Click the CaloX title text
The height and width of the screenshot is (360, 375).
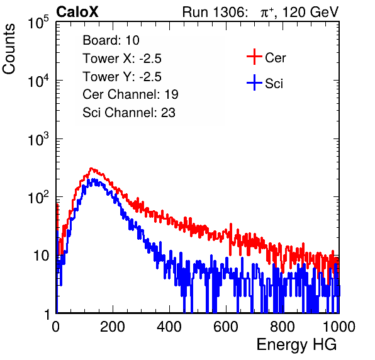pyautogui.click(x=77, y=12)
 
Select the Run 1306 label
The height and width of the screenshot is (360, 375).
pyautogui.click(x=215, y=12)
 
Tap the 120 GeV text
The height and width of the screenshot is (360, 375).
pyautogui.click(x=311, y=12)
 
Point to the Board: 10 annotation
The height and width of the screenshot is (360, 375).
pyautogui.click(x=111, y=40)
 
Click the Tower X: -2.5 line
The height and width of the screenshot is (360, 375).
pyautogui.click(x=122, y=59)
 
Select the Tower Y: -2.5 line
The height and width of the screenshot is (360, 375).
pyautogui.click(x=122, y=77)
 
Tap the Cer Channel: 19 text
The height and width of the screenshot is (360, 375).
pyautogui.click(x=130, y=94)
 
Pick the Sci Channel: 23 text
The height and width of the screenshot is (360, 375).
pyautogui.click(x=129, y=113)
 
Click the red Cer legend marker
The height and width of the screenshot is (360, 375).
pyautogui.click(x=254, y=57)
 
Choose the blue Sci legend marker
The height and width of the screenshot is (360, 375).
pyautogui.click(x=254, y=83)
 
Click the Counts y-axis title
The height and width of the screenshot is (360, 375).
pyautogui.click(x=9, y=49)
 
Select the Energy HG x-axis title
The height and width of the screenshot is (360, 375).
pyautogui.click(x=296, y=345)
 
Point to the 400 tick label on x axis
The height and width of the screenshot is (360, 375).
pyautogui.click(x=169, y=327)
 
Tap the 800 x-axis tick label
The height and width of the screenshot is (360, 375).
pyautogui.click(x=283, y=327)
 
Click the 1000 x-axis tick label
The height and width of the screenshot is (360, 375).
pyautogui.click(x=339, y=327)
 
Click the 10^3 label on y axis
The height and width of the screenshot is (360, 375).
pyautogui.click(x=38, y=139)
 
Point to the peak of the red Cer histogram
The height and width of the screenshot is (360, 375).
pyautogui.click(x=91, y=169)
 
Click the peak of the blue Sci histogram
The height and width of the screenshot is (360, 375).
pyautogui.click(x=89, y=180)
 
